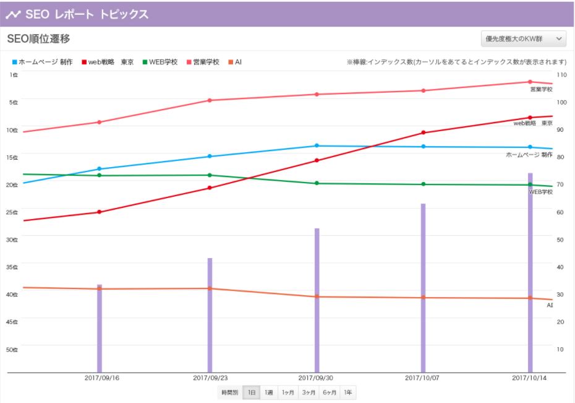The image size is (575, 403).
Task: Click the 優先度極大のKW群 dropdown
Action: [x=523, y=39]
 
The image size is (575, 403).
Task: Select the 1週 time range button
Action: [x=269, y=392]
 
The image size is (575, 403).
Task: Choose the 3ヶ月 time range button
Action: [x=307, y=392]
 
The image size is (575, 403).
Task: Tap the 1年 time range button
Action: [x=348, y=392]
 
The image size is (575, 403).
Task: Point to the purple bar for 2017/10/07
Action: [x=424, y=291]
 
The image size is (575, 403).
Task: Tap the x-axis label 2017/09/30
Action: [x=316, y=378]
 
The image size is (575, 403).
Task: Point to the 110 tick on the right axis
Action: [x=561, y=74]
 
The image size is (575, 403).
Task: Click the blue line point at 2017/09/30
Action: [x=317, y=146]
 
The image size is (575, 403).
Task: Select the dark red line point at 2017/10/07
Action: [x=424, y=132]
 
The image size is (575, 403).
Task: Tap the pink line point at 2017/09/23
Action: [x=210, y=100]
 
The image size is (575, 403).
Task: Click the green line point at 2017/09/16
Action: [x=99, y=175]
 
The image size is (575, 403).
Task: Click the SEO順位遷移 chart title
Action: [x=38, y=39]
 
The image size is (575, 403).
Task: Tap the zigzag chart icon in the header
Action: [x=13, y=14]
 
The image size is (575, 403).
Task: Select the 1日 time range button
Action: [x=252, y=392]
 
